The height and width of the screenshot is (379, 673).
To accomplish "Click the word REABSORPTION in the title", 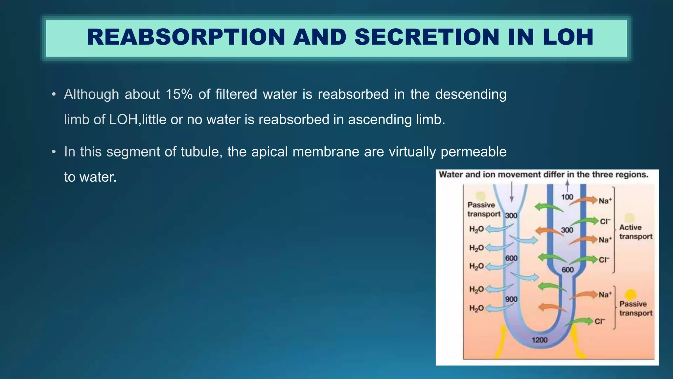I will coord(186,37).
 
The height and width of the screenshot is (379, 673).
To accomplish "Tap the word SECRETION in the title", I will coord(427,37).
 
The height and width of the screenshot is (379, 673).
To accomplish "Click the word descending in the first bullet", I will coord(471,94).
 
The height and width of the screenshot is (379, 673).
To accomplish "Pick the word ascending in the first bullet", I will coord(380,119).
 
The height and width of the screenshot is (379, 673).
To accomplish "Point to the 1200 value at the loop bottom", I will coord(540,340).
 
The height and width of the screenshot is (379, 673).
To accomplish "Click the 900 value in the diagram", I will coord(511,299).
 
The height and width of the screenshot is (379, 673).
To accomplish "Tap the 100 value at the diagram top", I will coord(567,197).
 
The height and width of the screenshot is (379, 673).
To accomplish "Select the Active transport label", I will coord(636,232).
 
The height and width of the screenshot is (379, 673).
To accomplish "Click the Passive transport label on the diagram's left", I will coord(483,210).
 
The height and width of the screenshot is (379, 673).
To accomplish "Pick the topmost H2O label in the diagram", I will coord(476,229).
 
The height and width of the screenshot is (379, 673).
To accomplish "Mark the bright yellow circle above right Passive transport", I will coord(631,294).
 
